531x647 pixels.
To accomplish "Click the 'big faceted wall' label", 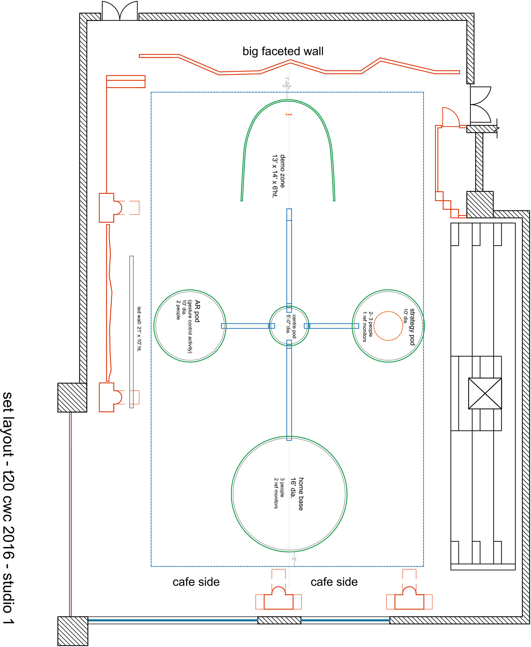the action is point(283,51).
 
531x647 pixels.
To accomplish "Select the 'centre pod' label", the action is point(294,326).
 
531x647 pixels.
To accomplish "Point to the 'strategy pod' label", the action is point(412,327).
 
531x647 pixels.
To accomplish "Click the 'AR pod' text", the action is point(197,311).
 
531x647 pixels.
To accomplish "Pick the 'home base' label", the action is point(301,494).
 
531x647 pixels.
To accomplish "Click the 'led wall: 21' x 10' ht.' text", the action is point(139,329).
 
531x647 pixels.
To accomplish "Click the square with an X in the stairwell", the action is point(485,393).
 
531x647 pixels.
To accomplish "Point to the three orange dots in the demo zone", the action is point(289,115).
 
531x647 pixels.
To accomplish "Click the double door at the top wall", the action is point(119,11).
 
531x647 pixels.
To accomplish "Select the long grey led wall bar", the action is point(132,332).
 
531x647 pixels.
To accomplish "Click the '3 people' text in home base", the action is point(282,488).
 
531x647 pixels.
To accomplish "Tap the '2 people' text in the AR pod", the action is point(178,310).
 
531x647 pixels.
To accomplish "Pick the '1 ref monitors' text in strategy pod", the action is point(364,327).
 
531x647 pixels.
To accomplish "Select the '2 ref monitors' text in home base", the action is point(275,493).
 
